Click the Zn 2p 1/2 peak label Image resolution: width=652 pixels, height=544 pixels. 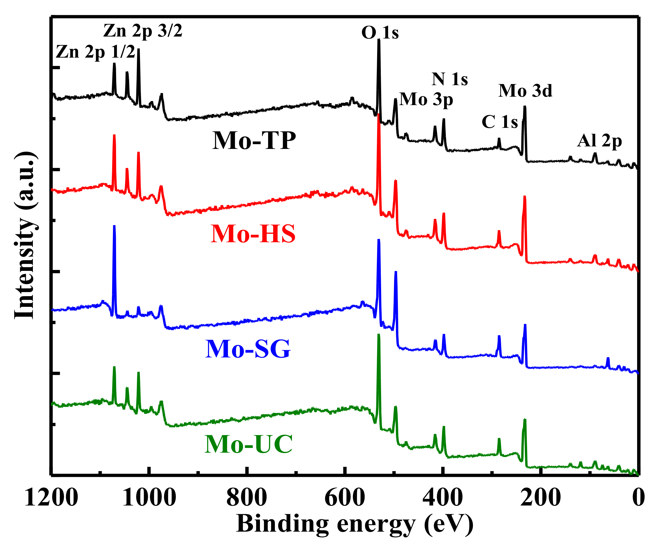click(x=95, y=52)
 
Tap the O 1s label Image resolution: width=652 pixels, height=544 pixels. click(x=380, y=33)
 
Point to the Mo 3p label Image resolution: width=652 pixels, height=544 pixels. click(x=426, y=100)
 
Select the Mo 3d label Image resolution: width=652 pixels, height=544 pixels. click(x=525, y=91)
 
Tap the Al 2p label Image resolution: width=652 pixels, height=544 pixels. click(x=599, y=141)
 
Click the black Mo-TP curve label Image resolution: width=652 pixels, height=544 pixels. click(x=254, y=141)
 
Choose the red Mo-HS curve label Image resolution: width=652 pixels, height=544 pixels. click(x=253, y=234)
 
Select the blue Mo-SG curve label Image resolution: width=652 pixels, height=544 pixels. click(x=248, y=349)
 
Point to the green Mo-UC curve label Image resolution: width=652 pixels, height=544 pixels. click(x=248, y=444)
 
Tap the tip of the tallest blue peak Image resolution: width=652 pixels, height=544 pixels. click(x=114, y=226)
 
